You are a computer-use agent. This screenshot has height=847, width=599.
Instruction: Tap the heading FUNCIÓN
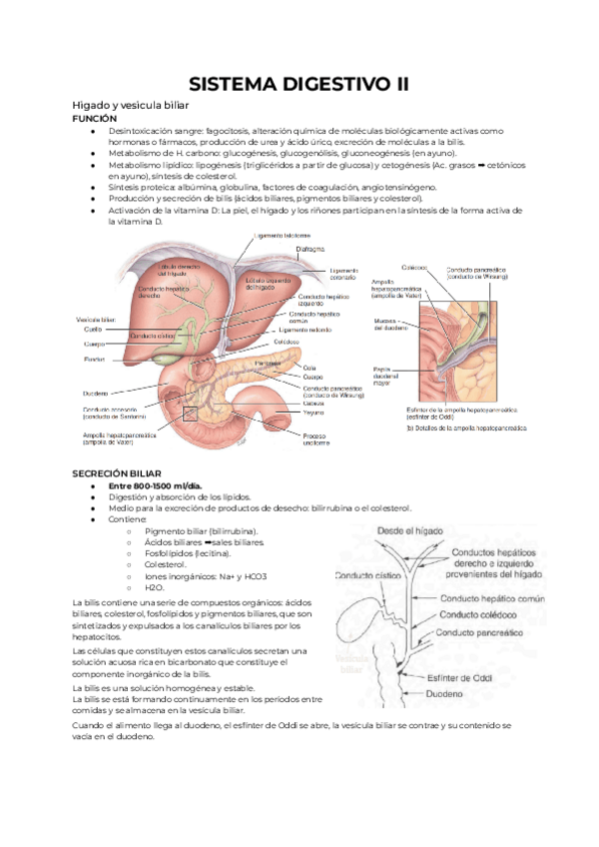click(95, 118)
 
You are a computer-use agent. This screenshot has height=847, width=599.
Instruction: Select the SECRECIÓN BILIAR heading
click(116, 470)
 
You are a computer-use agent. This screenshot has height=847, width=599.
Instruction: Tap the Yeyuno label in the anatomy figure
click(313, 412)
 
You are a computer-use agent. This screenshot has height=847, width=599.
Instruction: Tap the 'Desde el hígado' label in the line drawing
click(411, 531)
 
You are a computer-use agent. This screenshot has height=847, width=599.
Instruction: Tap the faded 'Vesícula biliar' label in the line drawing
click(352, 664)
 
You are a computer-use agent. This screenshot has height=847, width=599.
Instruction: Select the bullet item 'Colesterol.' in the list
click(167, 563)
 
